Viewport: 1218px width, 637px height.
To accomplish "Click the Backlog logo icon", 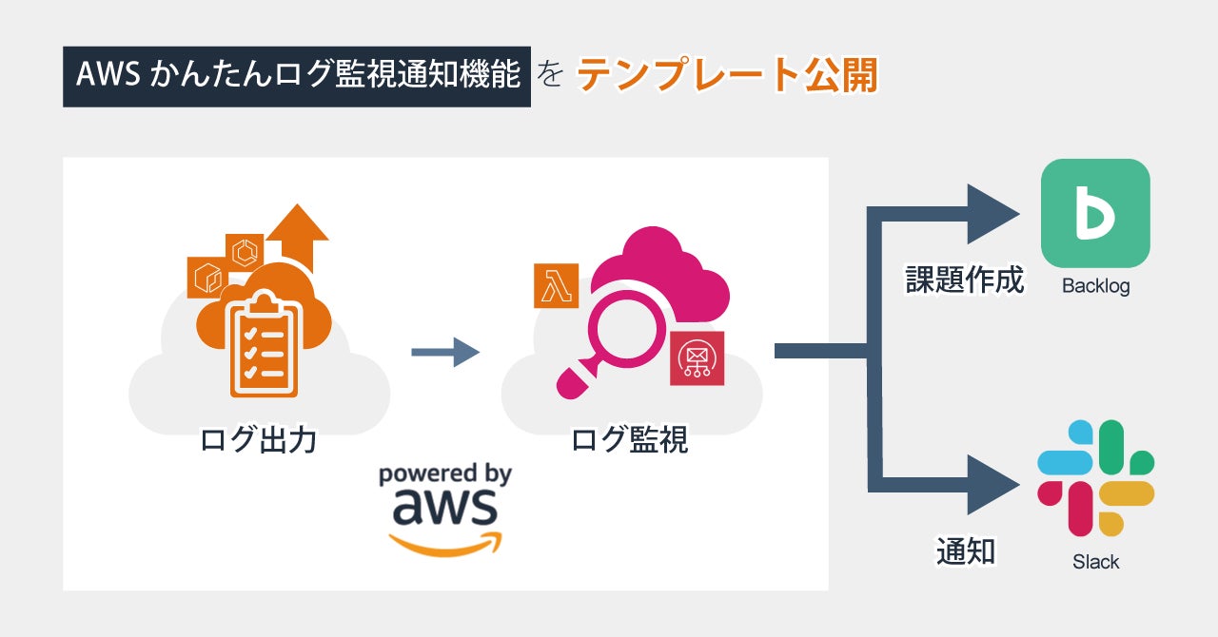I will coord(1095,213).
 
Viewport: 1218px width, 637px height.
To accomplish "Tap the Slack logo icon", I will coord(1095,478).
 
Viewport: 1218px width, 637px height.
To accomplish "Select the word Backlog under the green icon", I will coord(1095,285).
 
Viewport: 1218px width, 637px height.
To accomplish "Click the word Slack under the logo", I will coord(1095,562).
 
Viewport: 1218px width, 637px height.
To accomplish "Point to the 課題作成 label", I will coord(964,280).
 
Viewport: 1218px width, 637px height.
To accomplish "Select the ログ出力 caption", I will coord(258,440).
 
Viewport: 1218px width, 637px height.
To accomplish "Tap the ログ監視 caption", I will coord(629,440).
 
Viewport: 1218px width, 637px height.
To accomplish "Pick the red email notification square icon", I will coord(697,358).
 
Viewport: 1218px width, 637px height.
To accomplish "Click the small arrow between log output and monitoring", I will coord(444,352).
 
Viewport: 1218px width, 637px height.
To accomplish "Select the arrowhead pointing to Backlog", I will coord(992,214).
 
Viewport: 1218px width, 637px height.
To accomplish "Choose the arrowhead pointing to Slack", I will coord(992,485).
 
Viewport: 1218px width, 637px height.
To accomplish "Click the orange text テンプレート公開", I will coord(726,75).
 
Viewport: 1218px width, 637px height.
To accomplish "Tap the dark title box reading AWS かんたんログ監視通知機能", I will coord(297,75).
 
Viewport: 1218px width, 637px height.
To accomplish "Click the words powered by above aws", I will coord(444,474).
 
